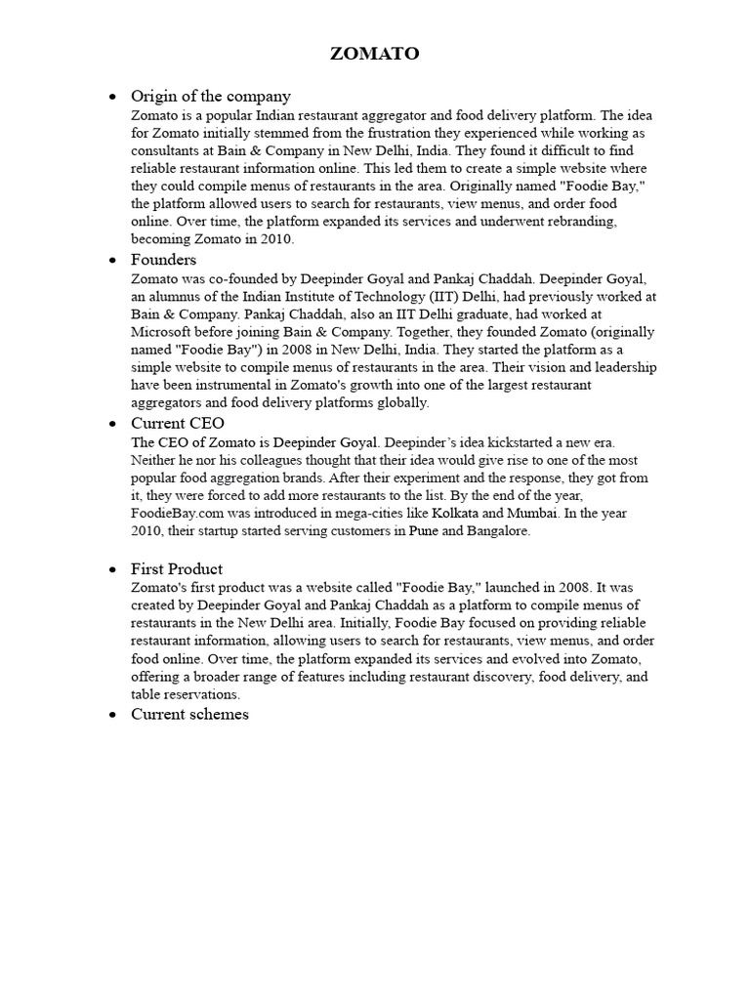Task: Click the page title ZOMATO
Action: click(x=375, y=54)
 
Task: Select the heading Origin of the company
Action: click(x=211, y=96)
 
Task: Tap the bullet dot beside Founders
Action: click(x=113, y=261)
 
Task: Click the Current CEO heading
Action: click(x=178, y=423)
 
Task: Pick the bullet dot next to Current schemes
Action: click(x=113, y=715)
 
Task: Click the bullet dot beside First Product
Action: click(x=113, y=569)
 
